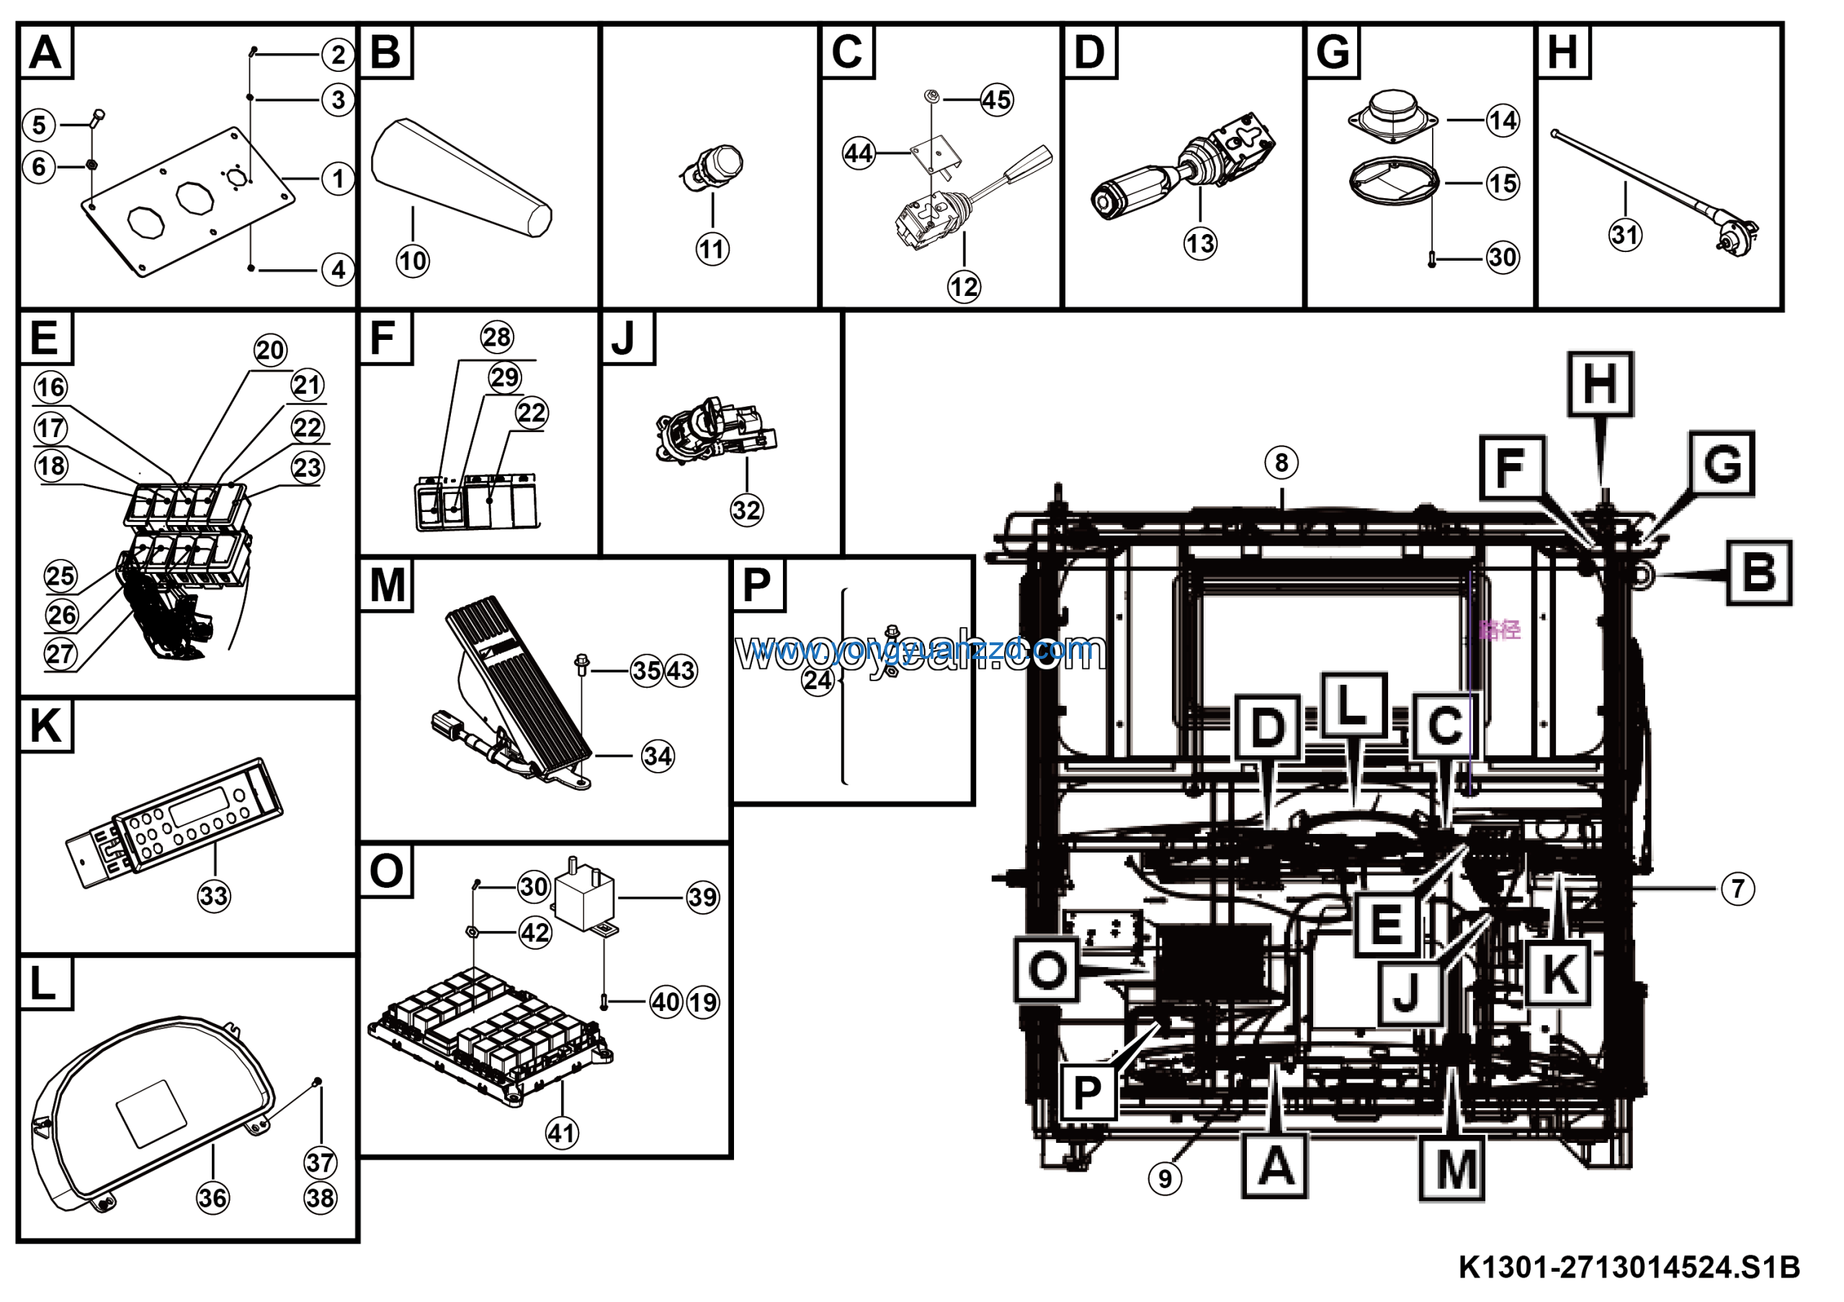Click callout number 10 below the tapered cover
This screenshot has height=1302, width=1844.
coord(413,261)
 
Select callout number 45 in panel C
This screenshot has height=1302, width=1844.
coord(997,100)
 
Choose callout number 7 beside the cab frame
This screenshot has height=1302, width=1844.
coord(1738,889)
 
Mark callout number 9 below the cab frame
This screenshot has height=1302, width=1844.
coord(1165,1178)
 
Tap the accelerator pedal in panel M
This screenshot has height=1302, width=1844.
coord(518,682)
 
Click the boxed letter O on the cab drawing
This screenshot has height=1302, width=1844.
coord(1047,971)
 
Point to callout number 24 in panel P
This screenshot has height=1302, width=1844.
coord(818,681)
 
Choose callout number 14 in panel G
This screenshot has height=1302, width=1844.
coord(1503,121)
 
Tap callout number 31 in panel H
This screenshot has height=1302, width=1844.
coord(1625,235)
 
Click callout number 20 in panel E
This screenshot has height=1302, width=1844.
coord(270,350)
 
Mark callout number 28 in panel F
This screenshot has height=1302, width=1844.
coord(496,337)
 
